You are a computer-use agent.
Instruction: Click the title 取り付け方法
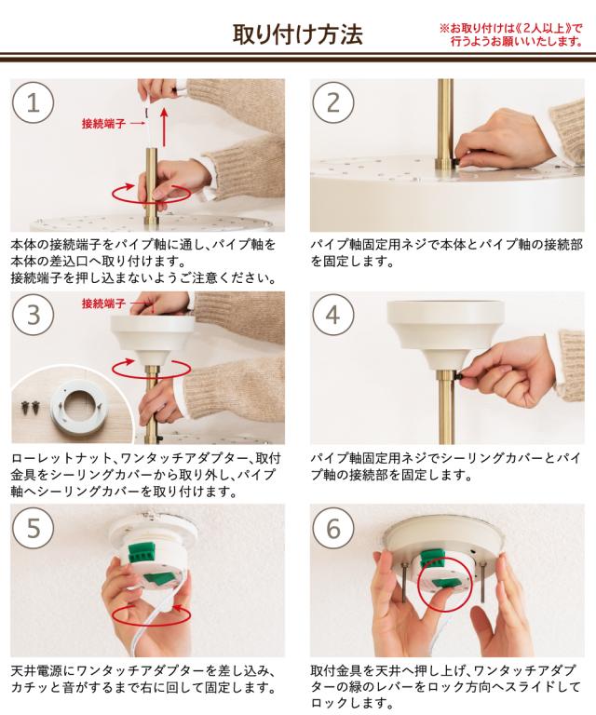[x=298, y=34]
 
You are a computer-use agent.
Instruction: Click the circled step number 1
[x=33, y=102]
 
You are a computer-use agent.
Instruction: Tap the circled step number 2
[x=332, y=102]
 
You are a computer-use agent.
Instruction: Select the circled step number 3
[x=33, y=315]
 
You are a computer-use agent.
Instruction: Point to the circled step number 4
[x=332, y=315]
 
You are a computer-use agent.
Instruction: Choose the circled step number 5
[x=33, y=528]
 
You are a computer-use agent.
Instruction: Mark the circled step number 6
[x=332, y=528]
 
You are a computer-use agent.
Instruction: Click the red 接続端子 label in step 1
[x=103, y=123]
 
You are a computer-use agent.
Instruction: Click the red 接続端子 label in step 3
[x=103, y=304]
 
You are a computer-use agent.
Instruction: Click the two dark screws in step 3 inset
[x=31, y=406]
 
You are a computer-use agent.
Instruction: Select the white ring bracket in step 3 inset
[x=79, y=407]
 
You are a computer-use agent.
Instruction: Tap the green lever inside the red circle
[x=445, y=582]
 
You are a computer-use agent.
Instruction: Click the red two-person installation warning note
[x=511, y=34]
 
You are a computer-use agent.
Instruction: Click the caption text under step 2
[x=446, y=253]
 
